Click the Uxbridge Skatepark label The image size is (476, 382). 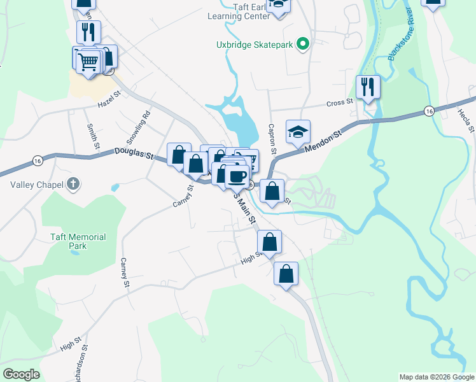[x=255, y=45]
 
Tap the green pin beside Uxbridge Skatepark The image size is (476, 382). [x=304, y=44]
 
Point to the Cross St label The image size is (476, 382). [x=339, y=103]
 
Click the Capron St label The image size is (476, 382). [x=271, y=139]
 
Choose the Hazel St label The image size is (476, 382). [x=109, y=103]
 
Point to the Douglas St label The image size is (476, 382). [x=134, y=153]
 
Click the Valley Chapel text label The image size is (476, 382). [x=32, y=185]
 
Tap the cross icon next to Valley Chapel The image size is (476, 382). [x=74, y=185]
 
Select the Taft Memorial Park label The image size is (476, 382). [x=78, y=241]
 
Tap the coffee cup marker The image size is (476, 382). [x=237, y=176]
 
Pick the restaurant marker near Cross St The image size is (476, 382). [x=368, y=86]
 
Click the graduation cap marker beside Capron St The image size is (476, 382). [x=297, y=131]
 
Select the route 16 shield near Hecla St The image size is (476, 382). [x=430, y=111]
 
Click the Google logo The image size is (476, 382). [x=21, y=374]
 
